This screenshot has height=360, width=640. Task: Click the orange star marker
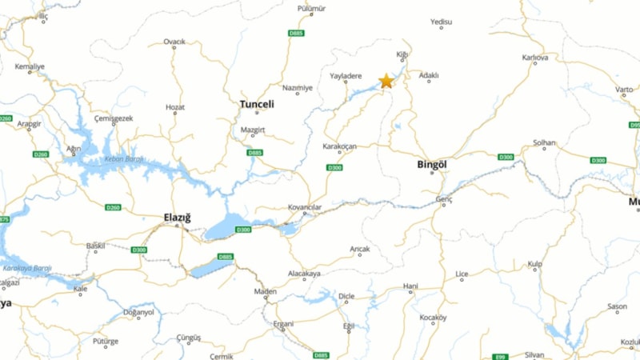point(386,81)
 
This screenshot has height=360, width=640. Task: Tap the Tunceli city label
point(257,104)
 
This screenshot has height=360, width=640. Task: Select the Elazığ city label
point(178,216)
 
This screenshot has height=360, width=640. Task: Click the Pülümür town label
point(312,8)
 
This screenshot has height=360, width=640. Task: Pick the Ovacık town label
point(174,42)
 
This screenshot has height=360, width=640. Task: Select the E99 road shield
point(501,356)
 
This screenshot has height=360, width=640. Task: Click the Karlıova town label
point(535,58)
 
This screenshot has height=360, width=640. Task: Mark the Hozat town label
point(175,106)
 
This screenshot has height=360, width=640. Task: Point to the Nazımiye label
point(298,88)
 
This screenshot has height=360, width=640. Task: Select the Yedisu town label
point(441,22)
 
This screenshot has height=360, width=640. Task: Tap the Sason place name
point(617,306)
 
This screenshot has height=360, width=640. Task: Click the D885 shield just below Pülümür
point(296,33)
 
